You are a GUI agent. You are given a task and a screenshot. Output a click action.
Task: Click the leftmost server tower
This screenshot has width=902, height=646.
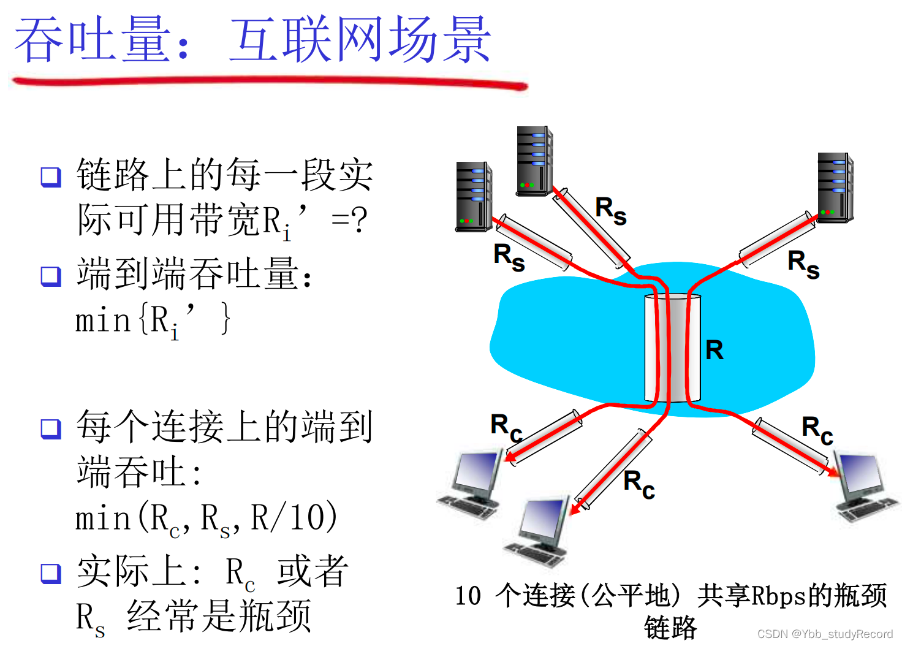coord(474,197)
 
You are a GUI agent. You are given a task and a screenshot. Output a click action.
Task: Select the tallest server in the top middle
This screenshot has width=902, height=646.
coord(534,161)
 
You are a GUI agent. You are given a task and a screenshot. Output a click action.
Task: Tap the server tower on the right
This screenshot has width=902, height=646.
coord(835,188)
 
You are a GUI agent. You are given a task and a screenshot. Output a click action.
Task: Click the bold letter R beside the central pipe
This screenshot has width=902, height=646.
coord(714,351)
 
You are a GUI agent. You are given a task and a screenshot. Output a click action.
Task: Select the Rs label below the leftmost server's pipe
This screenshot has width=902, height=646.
coord(509,257)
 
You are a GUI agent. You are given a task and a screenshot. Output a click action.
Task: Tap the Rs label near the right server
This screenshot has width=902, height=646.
coord(803,264)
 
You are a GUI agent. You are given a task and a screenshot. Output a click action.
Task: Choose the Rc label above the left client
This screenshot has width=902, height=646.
coord(506,427)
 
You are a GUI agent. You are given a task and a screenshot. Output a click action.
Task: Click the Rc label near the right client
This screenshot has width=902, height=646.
coord(817,430)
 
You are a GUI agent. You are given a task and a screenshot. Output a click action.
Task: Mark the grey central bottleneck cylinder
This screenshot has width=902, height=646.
coord(672,348)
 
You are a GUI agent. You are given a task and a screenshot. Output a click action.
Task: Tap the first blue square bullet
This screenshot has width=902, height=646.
coord(51,177)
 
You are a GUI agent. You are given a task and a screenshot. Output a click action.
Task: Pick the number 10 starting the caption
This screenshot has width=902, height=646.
coord(468,596)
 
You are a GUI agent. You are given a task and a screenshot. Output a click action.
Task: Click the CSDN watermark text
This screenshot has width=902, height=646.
coord(825,634)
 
